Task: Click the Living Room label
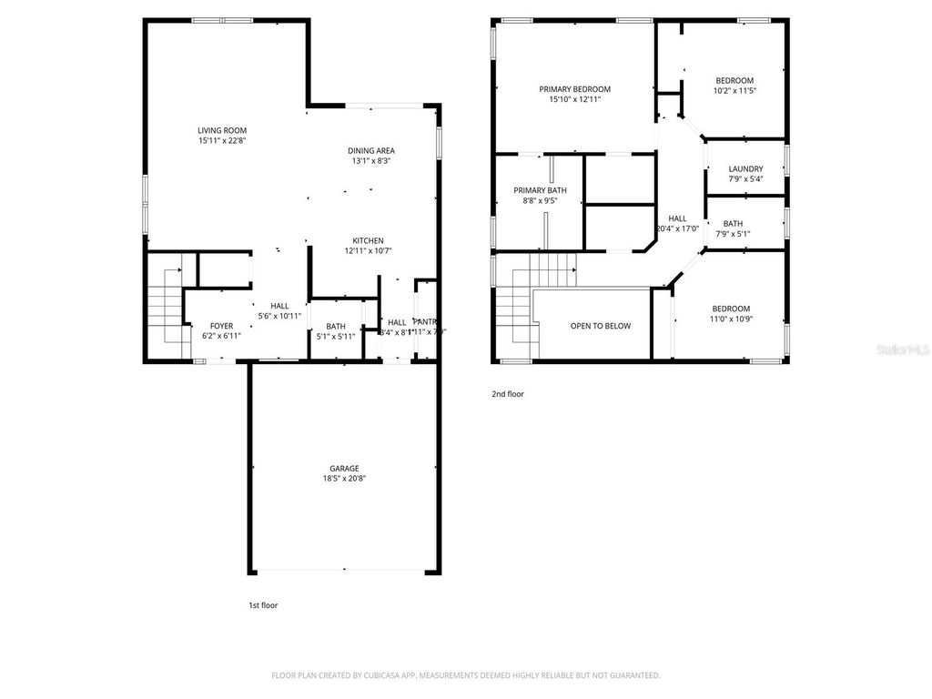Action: (222, 130)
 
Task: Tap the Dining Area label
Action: (371, 150)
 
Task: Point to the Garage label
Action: (344, 468)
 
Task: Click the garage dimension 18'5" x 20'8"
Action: (344, 479)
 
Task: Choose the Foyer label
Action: (221, 326)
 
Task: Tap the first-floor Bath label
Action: (336, 326)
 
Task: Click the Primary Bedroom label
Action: (574, 89)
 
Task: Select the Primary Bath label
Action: (540, 190)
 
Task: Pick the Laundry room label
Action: (745, 168)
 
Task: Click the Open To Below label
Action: (600, 326)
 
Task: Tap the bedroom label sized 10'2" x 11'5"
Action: (734, 80)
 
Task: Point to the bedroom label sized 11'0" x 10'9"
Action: (731, 309)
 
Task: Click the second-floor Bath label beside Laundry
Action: (733, 224)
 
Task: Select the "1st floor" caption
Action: (263, 604)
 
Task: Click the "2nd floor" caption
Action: (508, 394)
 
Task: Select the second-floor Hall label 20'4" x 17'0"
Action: (677, 218)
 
